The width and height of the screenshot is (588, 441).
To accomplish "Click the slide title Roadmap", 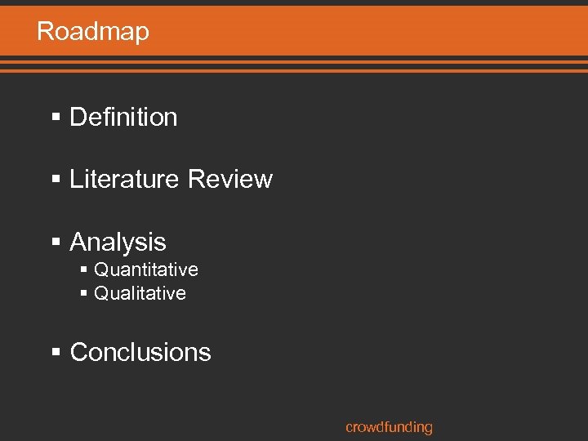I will point(93,32).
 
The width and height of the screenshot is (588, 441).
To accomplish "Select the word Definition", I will point(123,118).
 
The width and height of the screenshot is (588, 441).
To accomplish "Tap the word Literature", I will point(123,180).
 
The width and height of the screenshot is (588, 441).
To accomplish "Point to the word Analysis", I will point(118,242).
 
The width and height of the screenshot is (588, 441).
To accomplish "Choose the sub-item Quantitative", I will point(146,269).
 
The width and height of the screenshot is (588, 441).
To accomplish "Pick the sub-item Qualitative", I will point(140,293).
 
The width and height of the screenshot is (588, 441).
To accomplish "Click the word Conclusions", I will point(140,353).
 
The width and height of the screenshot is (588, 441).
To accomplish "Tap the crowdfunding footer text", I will point(389,427).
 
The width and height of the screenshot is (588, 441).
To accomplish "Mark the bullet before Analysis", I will point(56,243).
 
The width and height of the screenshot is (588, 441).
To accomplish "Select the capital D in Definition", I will point(78,118).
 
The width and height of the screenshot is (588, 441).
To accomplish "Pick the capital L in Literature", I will point(77,180).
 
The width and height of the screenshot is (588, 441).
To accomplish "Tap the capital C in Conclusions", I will point(79,353).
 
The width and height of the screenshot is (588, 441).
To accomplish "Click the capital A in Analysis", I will point(79,242).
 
